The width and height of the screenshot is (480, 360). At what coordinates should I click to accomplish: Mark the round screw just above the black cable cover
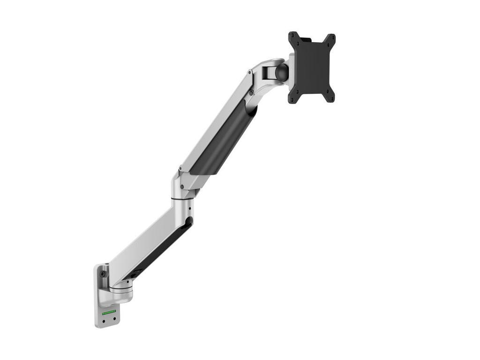coord(251,93)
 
